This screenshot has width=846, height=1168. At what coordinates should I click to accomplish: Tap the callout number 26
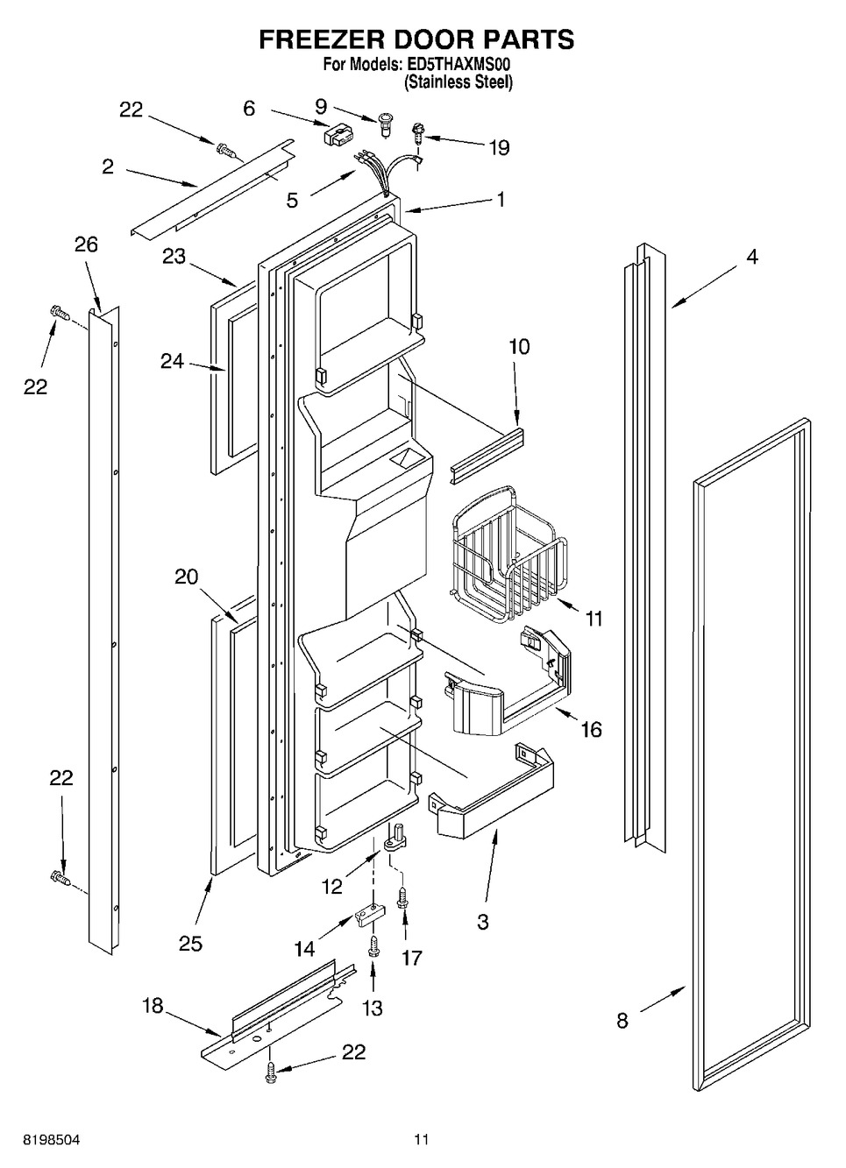[x=86, y=244]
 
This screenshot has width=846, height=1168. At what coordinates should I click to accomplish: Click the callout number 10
[x=519, y=347]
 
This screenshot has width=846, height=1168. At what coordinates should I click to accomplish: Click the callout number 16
[x=592, y=728]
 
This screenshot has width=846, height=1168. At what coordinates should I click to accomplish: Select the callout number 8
[x=622, y=1020]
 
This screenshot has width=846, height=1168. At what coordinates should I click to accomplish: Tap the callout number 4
[x=751, y=257]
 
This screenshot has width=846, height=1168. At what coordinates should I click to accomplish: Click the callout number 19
[x=499, y=147]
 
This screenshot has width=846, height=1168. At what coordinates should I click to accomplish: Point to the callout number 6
[x=249, y=109]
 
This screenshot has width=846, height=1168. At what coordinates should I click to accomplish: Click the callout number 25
[x=190, y=944]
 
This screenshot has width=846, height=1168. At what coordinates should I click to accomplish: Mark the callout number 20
[x=186, y=577]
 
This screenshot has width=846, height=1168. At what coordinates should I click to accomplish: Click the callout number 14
[x=305, y=947]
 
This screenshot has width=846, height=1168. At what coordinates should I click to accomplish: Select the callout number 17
[x=411, y=958]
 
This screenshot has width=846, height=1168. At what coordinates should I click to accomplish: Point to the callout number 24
[x=172, y=360]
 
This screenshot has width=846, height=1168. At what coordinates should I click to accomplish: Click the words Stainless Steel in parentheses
[x=458, y=82]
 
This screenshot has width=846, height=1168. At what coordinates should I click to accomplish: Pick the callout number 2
[x=107, y=166]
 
